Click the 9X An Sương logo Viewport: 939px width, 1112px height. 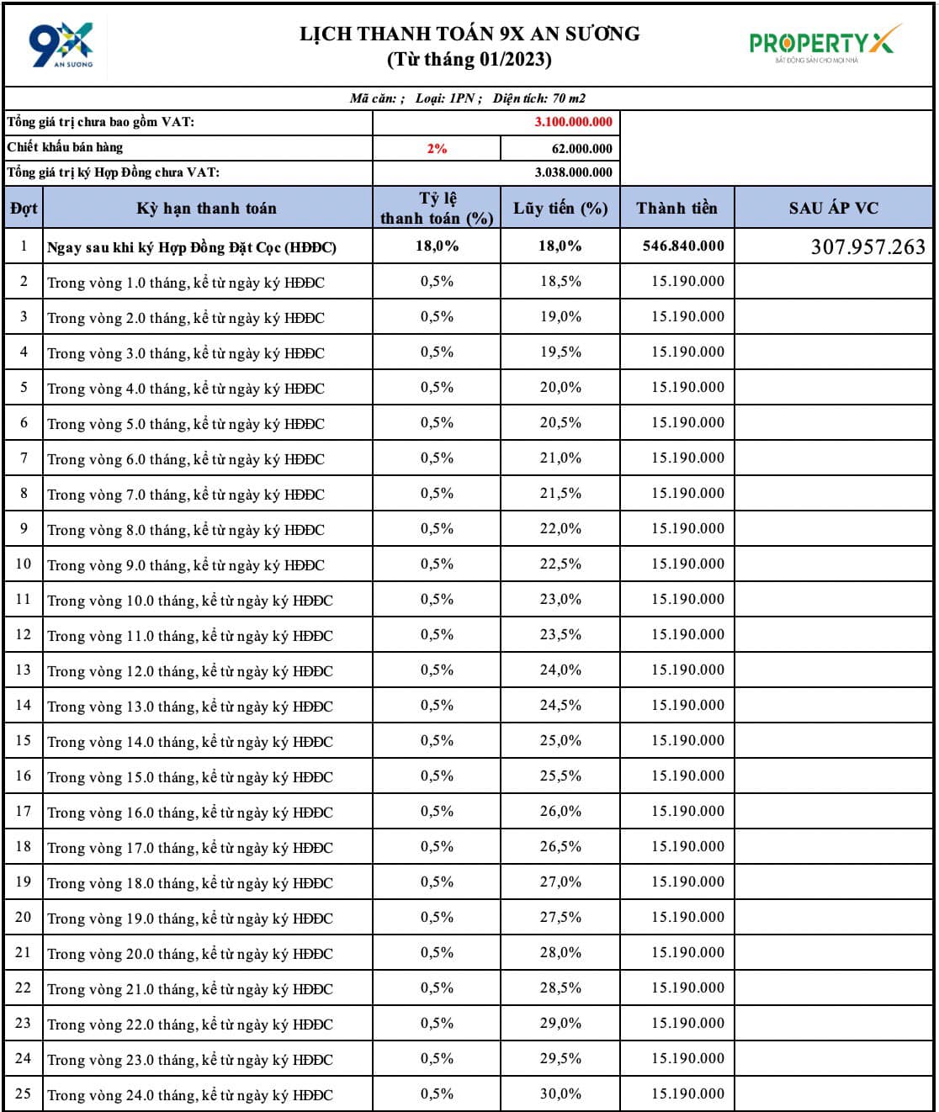click(61, 45)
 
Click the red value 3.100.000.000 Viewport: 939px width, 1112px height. click(573, 122)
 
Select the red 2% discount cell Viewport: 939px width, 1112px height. click(437, 149)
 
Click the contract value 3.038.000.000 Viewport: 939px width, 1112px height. click(573, 172)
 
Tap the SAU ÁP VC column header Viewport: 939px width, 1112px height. click(833, 208)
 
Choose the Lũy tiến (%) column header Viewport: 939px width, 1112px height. click(560, 208)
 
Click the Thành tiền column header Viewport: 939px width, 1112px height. click(676, 208)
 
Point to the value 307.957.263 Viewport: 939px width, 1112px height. click(867, 247)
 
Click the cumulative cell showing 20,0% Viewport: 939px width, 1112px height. click(560, 388)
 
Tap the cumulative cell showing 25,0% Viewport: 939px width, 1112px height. click(560, 741)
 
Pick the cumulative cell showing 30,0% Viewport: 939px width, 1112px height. click(560, 1094)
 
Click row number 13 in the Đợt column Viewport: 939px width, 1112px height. click(24, 670)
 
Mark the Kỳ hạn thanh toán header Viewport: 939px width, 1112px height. click(206, 208)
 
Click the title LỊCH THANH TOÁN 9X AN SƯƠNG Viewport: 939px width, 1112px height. click(469, 34)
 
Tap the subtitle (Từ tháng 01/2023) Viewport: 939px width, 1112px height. click(469, 60)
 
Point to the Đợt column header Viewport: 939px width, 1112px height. click(24, 208)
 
